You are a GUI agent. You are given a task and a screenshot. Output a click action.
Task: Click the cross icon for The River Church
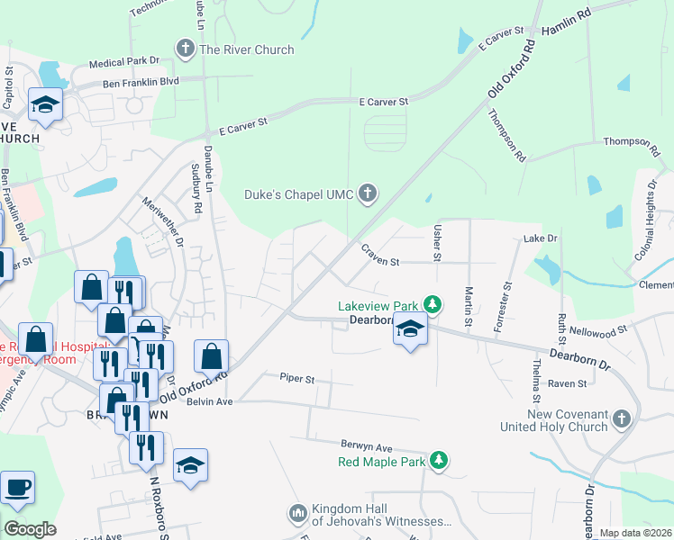187,49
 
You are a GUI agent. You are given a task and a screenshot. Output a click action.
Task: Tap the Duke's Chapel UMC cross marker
367,193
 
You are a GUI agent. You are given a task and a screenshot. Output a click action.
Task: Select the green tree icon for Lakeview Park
433,304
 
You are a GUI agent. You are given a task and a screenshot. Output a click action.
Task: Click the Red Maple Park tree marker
438,461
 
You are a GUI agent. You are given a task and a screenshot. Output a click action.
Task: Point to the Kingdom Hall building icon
298,514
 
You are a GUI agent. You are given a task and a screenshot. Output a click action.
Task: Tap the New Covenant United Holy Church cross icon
621,418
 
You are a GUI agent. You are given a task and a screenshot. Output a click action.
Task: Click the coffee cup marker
18,489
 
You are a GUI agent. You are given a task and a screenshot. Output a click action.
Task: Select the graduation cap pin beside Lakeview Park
410,331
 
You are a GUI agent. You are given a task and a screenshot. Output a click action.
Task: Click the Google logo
30,529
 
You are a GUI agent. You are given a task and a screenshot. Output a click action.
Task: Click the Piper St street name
296,379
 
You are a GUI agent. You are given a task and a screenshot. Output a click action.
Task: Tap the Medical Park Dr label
123,63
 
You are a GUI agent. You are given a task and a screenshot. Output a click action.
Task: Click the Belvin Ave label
208,401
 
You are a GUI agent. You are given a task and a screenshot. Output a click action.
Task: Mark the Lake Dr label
541,238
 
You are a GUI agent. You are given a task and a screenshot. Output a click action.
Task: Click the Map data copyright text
634,533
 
